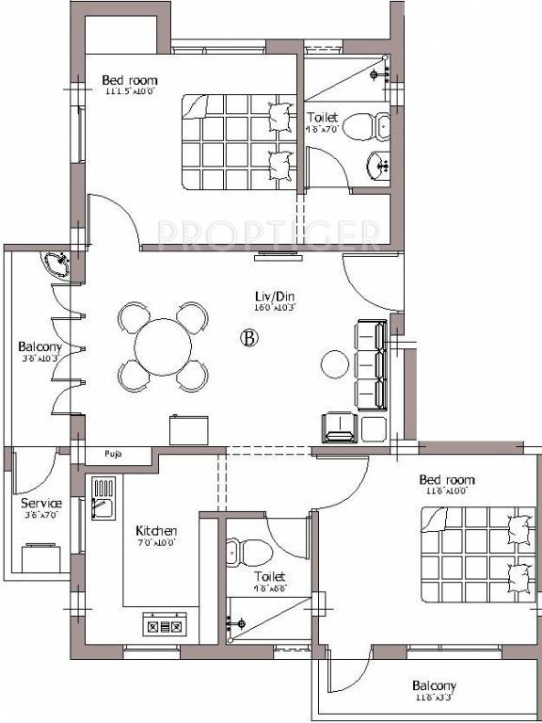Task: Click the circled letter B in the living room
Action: pos(249,338)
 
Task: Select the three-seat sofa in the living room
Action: pos(370,364)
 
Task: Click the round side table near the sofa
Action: pos(335,363)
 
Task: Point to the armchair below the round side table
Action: pos(337,428)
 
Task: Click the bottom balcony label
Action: pos(433,686)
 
